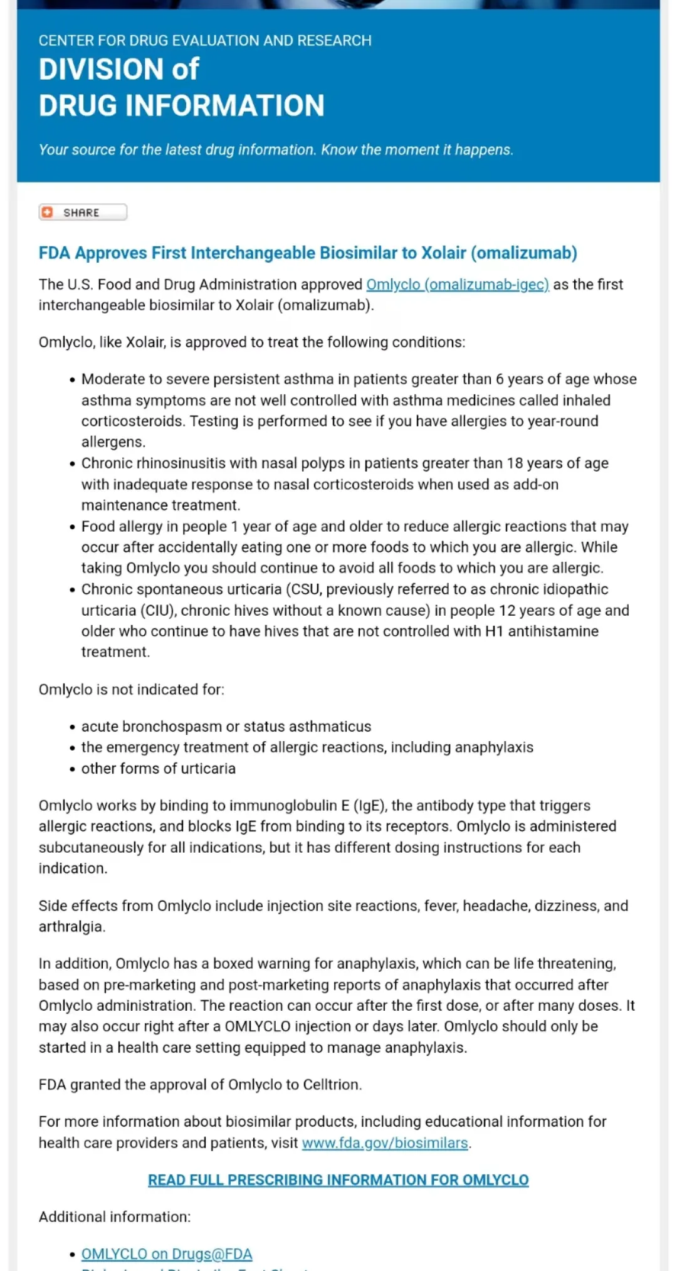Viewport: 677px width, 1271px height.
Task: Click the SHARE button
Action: (82, 213)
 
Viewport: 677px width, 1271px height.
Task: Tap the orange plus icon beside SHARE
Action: (47, 213)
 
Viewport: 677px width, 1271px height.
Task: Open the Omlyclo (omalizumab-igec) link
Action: (457, 285)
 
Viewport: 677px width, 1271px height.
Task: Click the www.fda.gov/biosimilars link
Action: (385, 1143)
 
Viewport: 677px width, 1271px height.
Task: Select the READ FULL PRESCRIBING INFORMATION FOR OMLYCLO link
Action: (338, 1180)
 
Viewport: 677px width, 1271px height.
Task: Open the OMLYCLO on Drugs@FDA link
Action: (167, 1254)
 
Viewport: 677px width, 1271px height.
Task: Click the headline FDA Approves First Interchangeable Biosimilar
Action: (307, 253)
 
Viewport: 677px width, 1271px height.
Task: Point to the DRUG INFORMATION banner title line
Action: (181, 105)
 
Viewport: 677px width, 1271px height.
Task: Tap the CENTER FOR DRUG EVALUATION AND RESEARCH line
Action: (205, 41)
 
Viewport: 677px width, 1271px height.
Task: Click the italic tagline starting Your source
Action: (276, 150)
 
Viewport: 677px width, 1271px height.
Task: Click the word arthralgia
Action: (71, 927)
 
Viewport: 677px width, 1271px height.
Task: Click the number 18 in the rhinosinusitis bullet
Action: (515, 463)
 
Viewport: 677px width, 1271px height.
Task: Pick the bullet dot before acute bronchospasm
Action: (73, 727)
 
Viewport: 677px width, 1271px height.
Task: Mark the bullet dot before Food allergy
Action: (73, 527)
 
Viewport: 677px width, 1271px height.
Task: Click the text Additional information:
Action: (115, 1217)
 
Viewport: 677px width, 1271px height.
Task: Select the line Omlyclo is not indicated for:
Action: (131, 690)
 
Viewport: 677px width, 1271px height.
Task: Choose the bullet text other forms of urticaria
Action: (159, 769)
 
